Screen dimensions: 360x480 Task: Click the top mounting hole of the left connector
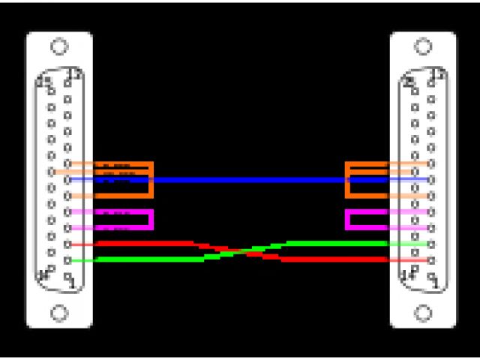coord(59,46)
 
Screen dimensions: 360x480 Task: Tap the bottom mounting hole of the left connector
coord(59,312)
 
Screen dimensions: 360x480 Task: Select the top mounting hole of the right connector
coord(423,46)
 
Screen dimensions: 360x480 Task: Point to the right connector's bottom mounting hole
coord(423,312)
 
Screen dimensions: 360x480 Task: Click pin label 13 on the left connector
coord(73,74)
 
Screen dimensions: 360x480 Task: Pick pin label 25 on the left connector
coord(44,80)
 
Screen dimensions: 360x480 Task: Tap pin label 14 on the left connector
coord(44,274)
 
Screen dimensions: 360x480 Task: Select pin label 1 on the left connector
coord(72,283)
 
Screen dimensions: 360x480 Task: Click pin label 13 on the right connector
coord(438,74)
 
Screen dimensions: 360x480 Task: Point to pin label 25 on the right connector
coord(409,80)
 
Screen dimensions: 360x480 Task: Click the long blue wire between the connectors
coord(247,180)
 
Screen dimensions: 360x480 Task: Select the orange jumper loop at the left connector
coord(151,180)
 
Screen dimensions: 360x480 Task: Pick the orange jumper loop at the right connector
coord(348,180)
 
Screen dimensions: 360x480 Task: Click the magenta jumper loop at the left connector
coord(151,220)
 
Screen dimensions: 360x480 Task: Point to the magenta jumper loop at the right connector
coord(348,220)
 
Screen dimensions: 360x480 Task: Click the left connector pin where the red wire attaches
coord(67,244)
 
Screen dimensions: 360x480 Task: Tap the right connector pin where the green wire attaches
coord(430,244)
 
